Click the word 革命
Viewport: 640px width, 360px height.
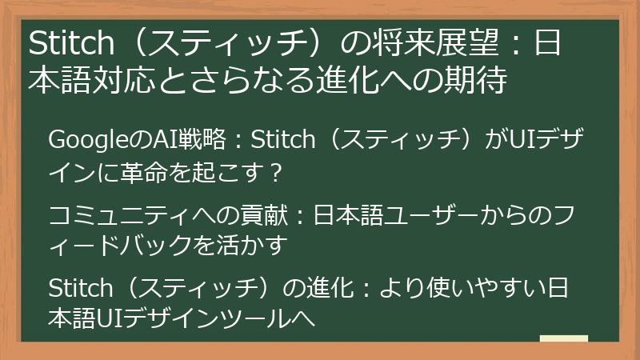[140, 171]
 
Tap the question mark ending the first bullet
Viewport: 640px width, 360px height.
[275, 171]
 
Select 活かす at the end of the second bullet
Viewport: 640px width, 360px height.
[258, 246]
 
